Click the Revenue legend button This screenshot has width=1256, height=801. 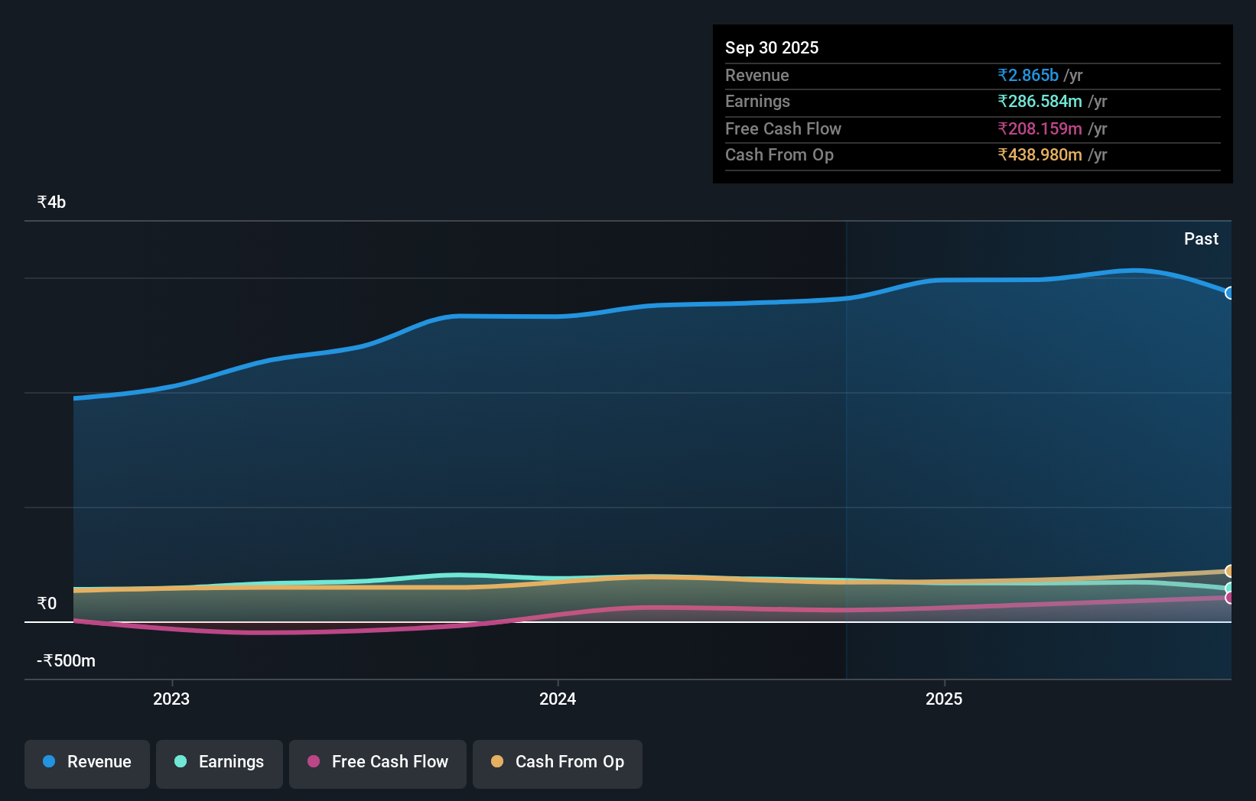click(x=87, y=763)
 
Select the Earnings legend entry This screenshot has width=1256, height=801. click(x=220, y=763)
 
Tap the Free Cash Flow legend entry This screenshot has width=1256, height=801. click(x=378, y=763)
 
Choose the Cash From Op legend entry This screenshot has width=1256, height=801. click(x=558, y=763)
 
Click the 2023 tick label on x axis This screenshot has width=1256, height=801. click(x=171, y=699)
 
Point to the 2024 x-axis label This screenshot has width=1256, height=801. click(x=558, y=699)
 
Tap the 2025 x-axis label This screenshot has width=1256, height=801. click(x=944, y=699)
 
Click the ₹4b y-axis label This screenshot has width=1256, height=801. click(x=51, y=203)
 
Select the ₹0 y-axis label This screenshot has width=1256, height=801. click(x=47, y=604)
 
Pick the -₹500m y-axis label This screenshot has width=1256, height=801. click(x=67, y=661)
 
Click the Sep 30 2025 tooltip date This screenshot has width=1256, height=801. click(x=772, y=47)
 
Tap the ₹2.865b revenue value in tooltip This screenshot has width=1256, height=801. click(x=1028, y=76)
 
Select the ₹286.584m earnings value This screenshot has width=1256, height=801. click(x=1040, y=102)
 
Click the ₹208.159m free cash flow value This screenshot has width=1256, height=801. click(x=1040, y=129)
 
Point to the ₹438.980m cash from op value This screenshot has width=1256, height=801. click(x=1040, y=155)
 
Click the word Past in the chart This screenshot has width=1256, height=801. click(x=1201, y=239)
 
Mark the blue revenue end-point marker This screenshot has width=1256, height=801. click(x=1229, y=293)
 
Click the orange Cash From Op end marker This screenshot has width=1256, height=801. click(x=1229, y=571)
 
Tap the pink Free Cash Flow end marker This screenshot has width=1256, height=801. click(x=1229, y=598)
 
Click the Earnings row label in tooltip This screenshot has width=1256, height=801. click(x=757, y=102)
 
